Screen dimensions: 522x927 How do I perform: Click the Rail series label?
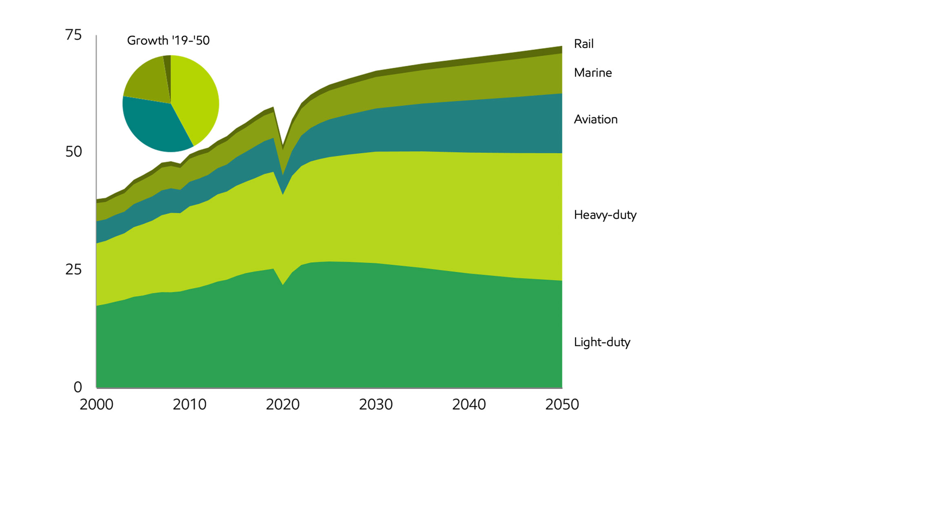coord(583,44)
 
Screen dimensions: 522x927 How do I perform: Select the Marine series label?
coord(592,73)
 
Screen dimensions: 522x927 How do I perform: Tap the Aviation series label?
coord(595,119)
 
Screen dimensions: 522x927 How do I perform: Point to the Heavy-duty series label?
coord(605,215)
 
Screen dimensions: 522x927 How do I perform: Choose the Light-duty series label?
coord(602,342)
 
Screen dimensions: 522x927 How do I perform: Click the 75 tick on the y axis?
coord(73,35)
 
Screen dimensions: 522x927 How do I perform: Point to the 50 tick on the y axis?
coord(73,152)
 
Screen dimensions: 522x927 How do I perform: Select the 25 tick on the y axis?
coord(73,270)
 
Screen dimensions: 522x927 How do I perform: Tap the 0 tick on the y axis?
coord(78,387)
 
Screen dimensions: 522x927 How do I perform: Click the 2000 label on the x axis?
coord(96,404)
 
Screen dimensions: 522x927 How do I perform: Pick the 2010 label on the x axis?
coord(189,404)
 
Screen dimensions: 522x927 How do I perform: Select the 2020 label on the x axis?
coord(283,404)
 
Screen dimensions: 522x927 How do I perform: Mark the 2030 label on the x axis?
coord(376,404)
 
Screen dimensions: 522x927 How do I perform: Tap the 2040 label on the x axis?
coord(469,404)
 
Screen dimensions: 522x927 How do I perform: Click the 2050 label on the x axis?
coord(562,404)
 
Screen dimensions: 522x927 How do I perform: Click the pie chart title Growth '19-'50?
coord(168,40)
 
